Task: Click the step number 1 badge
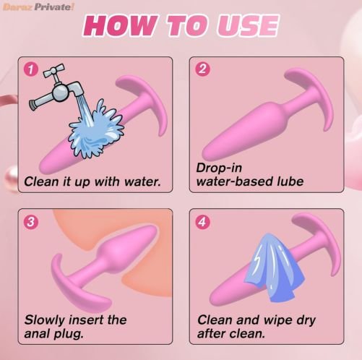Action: pyautogui.click(x=30, y=69)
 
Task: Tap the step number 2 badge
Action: pyautogui.click(x=202, y=69)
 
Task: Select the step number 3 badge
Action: pyautogui.click(x=30, y=222)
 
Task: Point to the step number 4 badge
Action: pyautogui.click(x=202, y=221)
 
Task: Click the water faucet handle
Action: pyautogui.click(x=54, y=70)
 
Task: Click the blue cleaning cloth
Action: pyautogui.click(x=275, y=267)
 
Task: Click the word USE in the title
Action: pyautogui.click(x=247, y=25)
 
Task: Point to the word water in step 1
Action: pyautogui.click(x=142, y=181)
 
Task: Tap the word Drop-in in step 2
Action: pyautogui.click(x=219, y=168)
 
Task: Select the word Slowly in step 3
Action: pyautogui.click(x=45, y=320)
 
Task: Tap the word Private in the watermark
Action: pyautogui.click(x=53, y=7)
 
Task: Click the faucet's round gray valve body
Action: pyautogui.click(x=60, y=93)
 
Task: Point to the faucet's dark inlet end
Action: pyautogui.click(x=33, y=105)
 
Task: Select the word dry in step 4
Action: pyautogui.click(x=306, y=320)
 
